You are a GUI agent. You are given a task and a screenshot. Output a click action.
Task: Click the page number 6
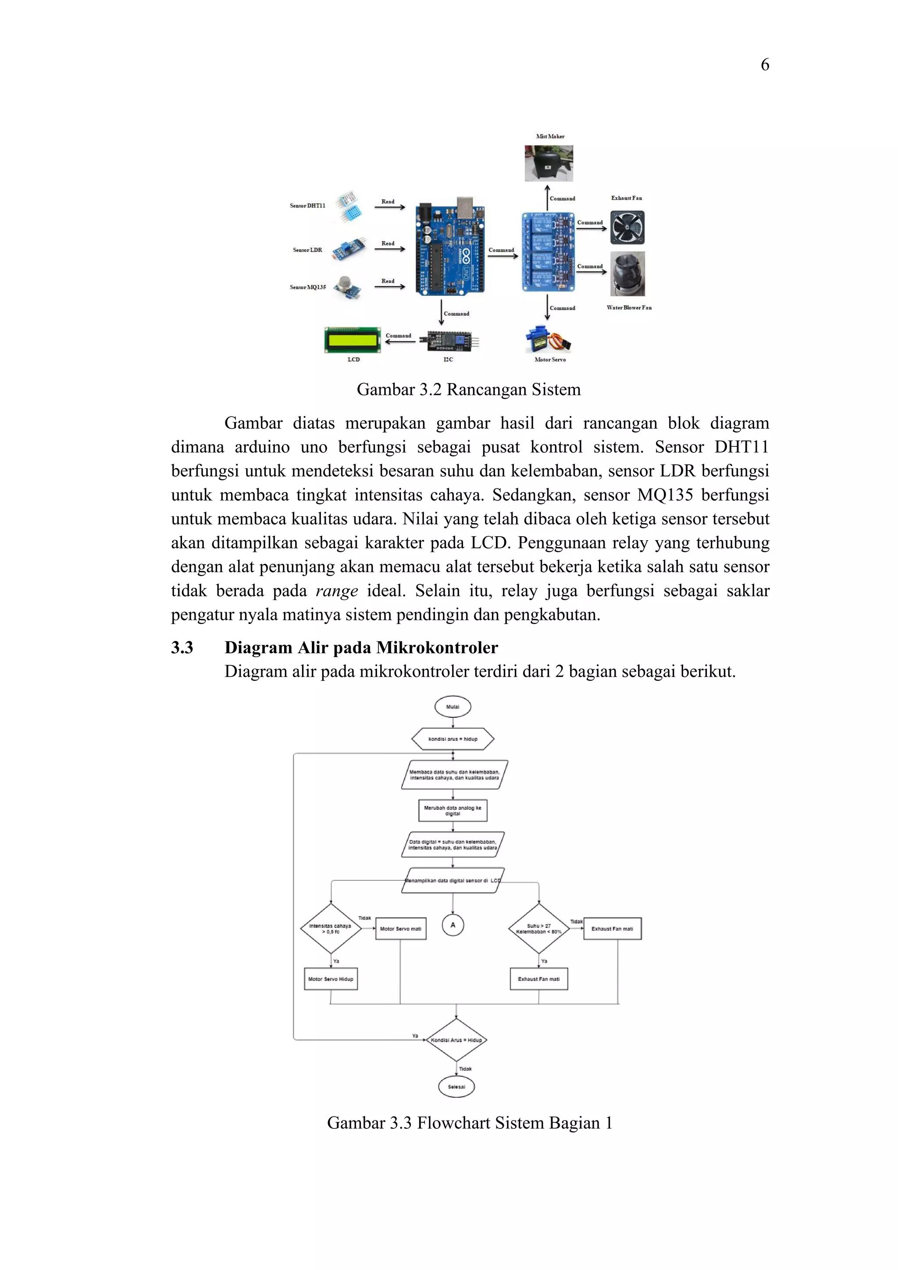click(765, 65)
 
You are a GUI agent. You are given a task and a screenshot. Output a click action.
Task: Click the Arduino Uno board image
click(450, 245)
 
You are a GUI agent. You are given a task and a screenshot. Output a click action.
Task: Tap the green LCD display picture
click(353, 340)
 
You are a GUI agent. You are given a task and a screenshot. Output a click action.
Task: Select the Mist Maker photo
click(549, 163)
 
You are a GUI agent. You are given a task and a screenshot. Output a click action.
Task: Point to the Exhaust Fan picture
click(627, 228)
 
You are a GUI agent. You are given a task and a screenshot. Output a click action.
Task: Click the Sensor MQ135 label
click(308, 287)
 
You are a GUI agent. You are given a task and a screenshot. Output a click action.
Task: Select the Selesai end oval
click(456, 1086)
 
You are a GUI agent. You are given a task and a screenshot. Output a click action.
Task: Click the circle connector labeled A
click(453, 925)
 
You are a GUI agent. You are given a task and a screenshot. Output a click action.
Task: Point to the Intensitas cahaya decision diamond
click(330, 928)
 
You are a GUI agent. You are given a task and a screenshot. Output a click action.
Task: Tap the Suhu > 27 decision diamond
click(538, 928)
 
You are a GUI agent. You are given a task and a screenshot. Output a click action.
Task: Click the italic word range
click(336, 591)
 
